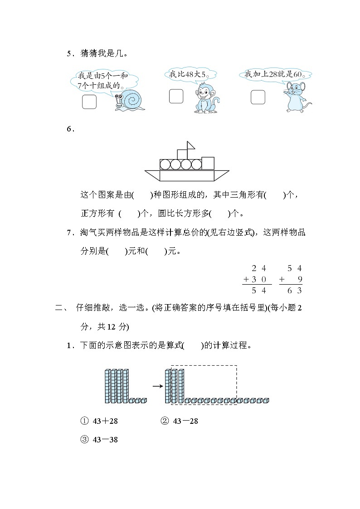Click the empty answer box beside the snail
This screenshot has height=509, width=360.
tap(89, 102)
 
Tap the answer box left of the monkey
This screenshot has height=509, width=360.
tap(176, 96)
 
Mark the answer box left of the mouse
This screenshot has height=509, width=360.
tap(258, 97)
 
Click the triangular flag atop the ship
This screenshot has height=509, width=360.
tap(191, 145)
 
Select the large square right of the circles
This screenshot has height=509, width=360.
tap(208, 163)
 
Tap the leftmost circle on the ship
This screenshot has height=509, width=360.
tap(165, 164)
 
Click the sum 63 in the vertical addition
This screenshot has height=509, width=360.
tap(296, 290)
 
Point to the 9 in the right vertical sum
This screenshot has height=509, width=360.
tap(299, 279)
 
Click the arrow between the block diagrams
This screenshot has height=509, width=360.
tap(157, 386)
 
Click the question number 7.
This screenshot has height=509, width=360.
tap(70, 233)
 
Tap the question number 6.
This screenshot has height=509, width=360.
tap(70, 129)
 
